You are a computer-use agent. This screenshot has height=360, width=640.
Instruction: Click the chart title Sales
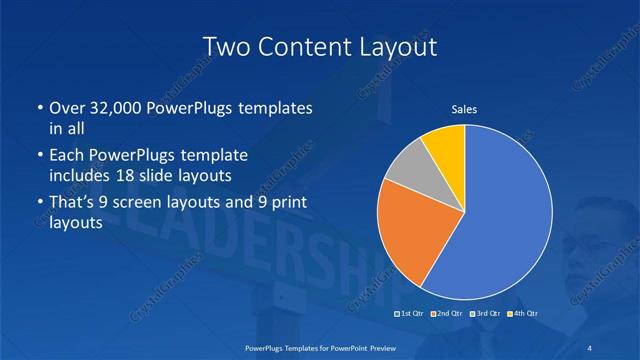click(464, 109)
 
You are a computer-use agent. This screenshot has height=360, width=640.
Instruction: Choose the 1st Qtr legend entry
click(409, 314)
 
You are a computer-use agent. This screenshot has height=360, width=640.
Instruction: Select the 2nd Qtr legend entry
click(446, 314)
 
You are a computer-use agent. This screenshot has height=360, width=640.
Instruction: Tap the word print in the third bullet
click(284, 203)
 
